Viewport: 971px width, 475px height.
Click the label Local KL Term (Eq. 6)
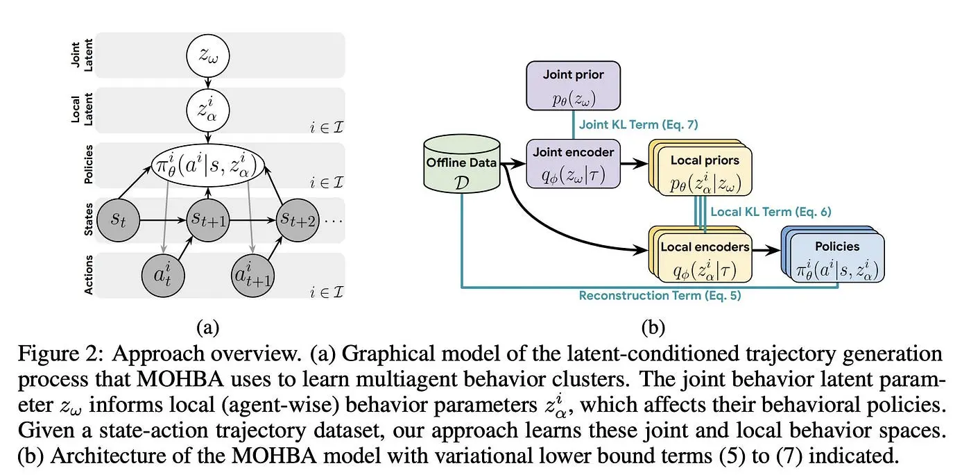coord(770,211)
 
